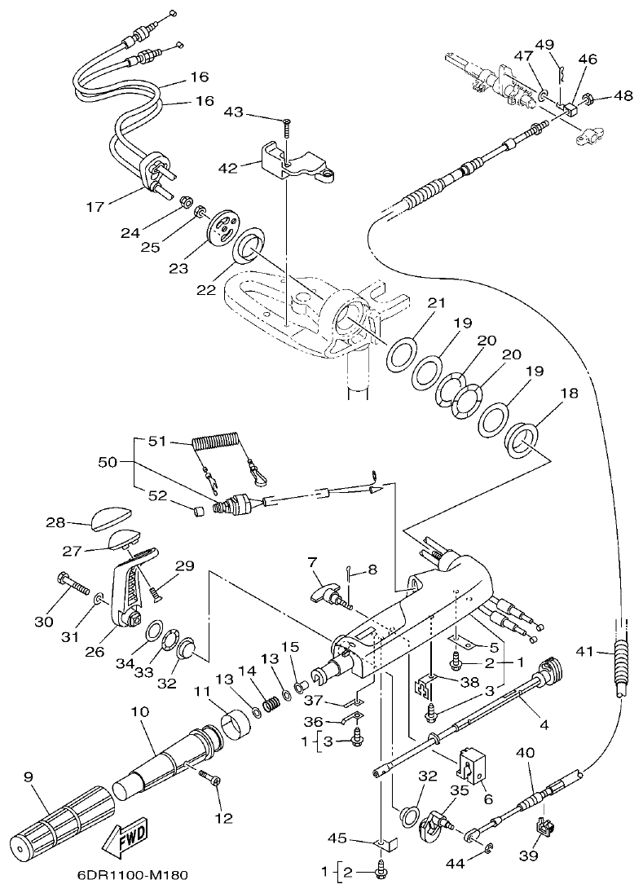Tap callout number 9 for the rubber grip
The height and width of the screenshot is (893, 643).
point(29,778)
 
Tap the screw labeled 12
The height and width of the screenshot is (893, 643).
point(213,781)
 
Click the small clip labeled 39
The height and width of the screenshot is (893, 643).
point(545,829)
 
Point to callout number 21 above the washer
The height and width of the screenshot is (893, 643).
point(438,303)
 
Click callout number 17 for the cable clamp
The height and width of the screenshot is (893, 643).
point(95,207)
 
